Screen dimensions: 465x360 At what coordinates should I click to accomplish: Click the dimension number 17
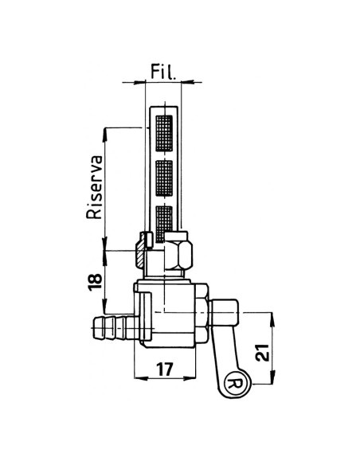pyautogui.click(x=165, y=370)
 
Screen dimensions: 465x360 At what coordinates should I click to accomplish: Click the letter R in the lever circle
pyautogui.click(x=237, y=384)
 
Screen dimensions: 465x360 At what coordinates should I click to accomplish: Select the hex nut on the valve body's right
pyautogui.click(x=204, y=314)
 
